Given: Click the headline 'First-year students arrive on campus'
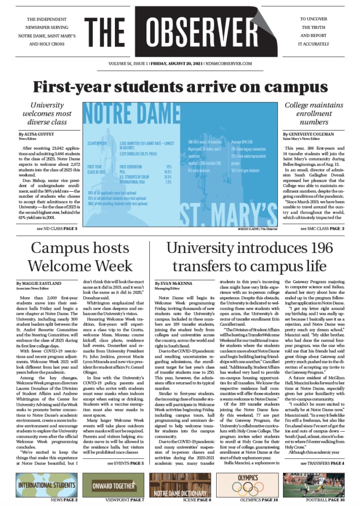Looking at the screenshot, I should [x=180, y=86].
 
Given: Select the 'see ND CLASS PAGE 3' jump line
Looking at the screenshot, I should [x=57, y=229].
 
